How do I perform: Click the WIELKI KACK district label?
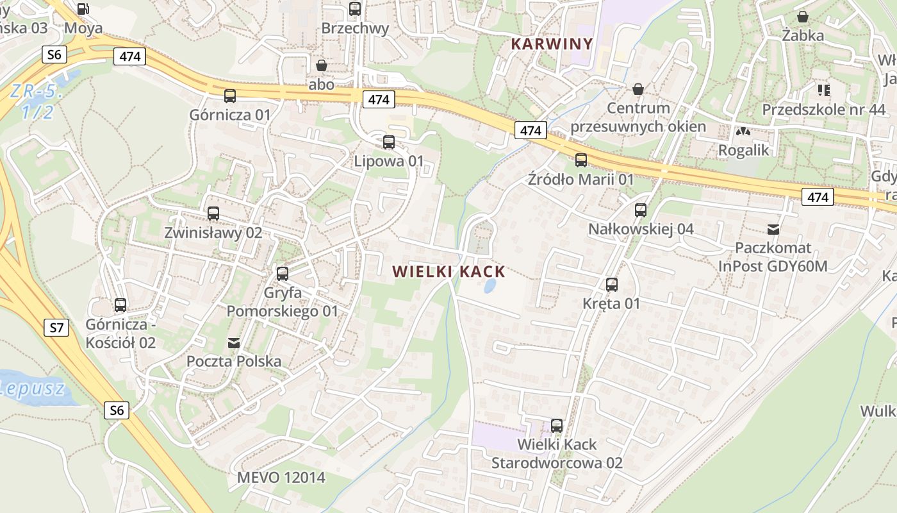pyautogui.click(x=449, y=272)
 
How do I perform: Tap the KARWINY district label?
pyautogui.click(x=552, y=44)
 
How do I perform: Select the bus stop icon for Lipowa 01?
pyautogui.click(x=389, y=142)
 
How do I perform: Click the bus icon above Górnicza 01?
pyautogui.click(x=230, y=96)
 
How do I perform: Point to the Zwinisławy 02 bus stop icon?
pyautogui.click(x=213, y=214)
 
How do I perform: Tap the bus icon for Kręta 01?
pyautogui.click(x=612, y=285)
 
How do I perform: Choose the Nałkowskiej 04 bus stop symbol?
pyautogui.click(x=641, y=210)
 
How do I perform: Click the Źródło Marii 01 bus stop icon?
pyautogui.click(x=581, y=160)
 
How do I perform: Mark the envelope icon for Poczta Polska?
pyautogui.click(x=234, y=343)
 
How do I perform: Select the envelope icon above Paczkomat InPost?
pyautogui.click(x=773, y=229)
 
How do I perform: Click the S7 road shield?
pyautogui.click(x=57, y=328)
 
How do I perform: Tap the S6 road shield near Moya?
pyautogui.click(x=54, y=55)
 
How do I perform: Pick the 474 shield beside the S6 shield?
pyautogui.click(x=129, y=56)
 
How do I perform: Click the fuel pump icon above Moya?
pyautogui.click(x=83, y=9)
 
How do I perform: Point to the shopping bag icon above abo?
pyautogui.click(x=322, y=65)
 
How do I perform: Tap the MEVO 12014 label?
pyautogui.click(x=281, y=478)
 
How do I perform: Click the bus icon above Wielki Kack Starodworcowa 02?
pyautogui.click(x=557, y=425)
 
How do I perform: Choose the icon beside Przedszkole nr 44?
pyautogui.click(x=823, y=90)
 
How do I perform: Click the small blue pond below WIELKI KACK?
pyautogui.click(x=490, y=285)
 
